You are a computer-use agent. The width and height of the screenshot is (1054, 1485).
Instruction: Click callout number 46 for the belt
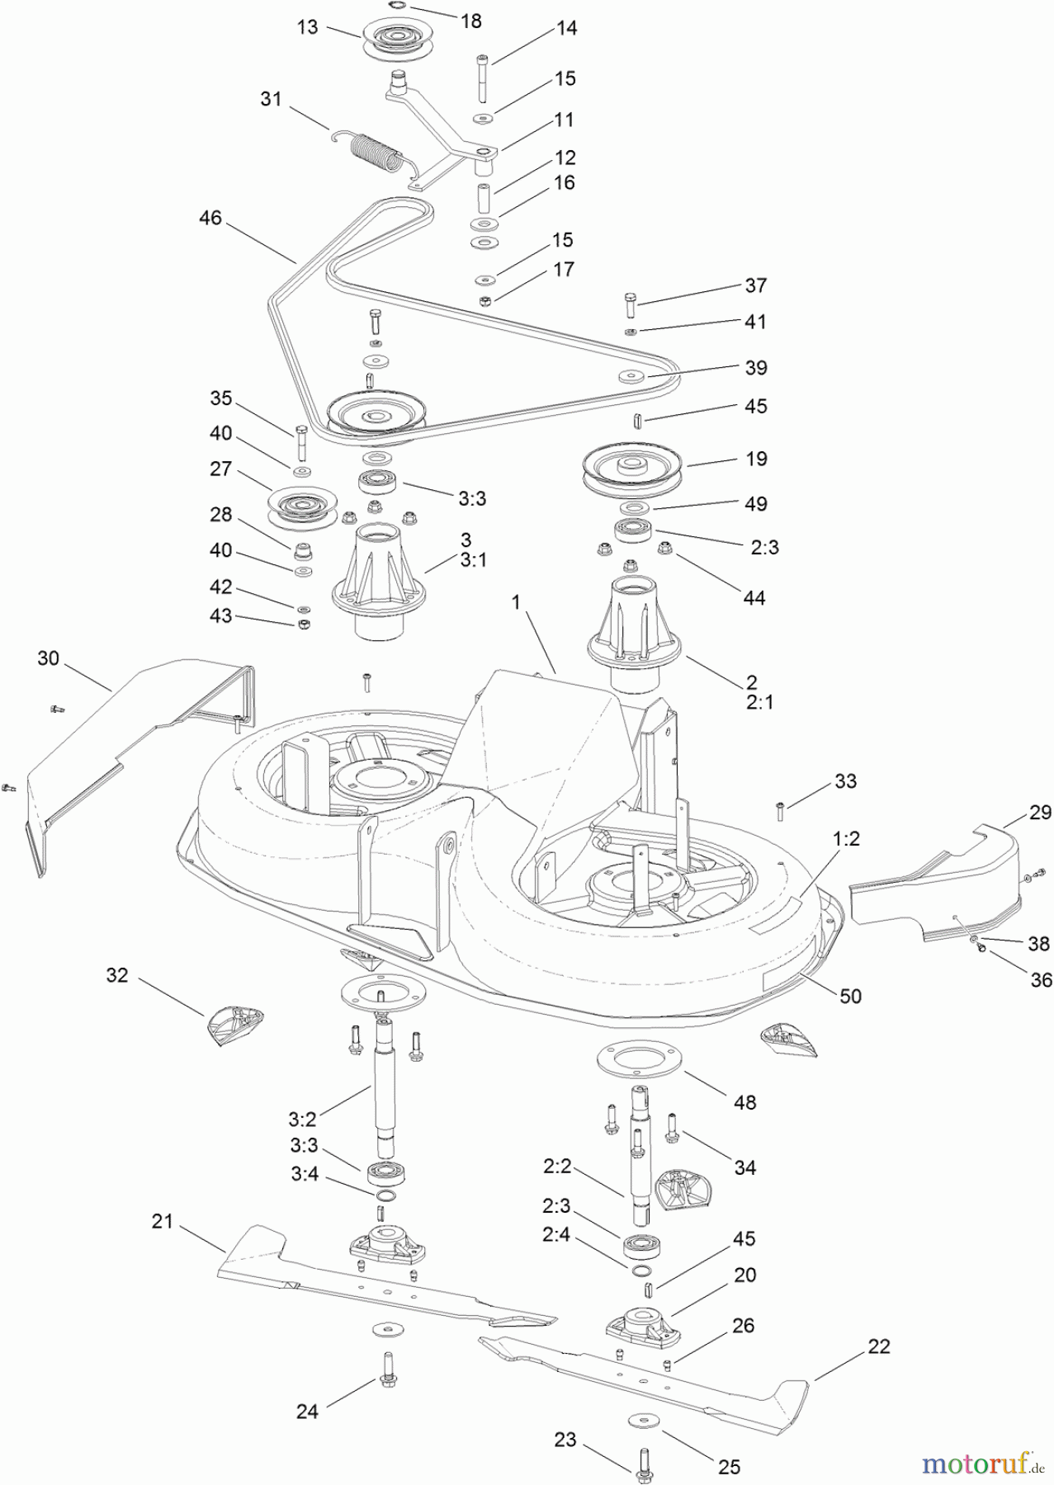pos(210,218)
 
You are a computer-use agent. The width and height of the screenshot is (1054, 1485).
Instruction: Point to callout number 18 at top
pos(470,21)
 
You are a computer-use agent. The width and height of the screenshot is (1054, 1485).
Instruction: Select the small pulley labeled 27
pos(300,507)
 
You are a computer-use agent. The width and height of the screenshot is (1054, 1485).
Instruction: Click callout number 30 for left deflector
pos(49,658)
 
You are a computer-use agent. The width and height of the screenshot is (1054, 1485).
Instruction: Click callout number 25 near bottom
pos(729,1466)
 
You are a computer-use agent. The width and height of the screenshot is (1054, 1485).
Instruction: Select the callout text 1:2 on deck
pos(846,838)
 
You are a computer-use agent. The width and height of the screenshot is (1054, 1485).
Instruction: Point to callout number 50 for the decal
pos(849,996)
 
